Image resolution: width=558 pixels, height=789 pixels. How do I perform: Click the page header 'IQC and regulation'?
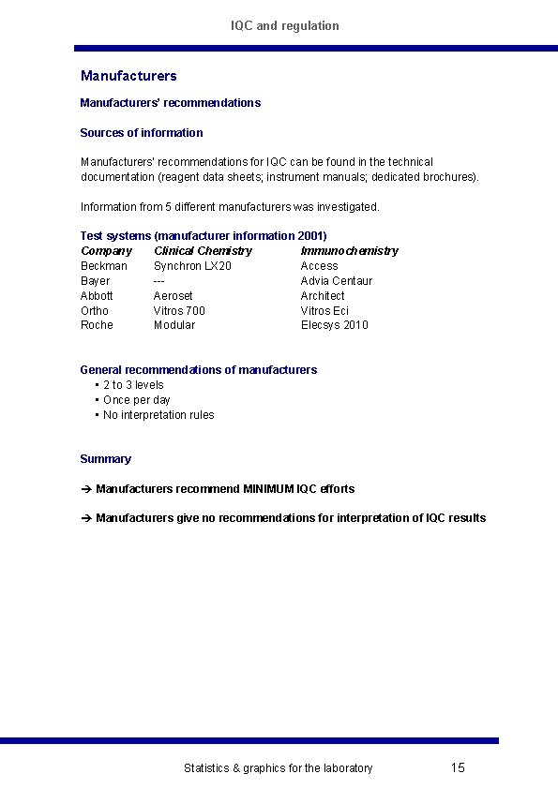pos(285,25)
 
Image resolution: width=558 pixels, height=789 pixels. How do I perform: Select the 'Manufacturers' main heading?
pos(128,76)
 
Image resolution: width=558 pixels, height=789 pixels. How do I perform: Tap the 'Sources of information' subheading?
pos(142,133)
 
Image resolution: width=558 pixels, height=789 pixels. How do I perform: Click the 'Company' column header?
pos(106,251)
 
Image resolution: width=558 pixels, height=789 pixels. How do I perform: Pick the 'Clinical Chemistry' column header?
pos(203,251)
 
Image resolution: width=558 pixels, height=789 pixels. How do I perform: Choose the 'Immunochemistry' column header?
pos(349,251)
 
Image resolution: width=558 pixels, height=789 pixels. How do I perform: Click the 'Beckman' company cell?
pos(104,266)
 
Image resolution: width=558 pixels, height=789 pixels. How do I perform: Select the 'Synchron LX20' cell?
pos(192,266)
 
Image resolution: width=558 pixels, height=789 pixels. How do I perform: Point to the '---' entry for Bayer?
pos(159,281)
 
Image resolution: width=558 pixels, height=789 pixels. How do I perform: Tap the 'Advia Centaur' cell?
pos(337,281)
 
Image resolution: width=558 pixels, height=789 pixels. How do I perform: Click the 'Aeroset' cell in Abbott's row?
pos(173,296)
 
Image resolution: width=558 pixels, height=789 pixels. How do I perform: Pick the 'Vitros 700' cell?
pos(179,311)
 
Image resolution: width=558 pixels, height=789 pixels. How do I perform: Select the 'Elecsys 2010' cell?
pos(335,325)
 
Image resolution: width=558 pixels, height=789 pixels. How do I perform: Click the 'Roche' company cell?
pos(97,325)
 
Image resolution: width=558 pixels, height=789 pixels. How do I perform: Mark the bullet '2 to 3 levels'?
pos(133,385)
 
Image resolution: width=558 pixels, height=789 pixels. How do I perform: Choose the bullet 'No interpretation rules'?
pos(158,415)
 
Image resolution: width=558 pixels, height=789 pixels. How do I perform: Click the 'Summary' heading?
pos(106,459)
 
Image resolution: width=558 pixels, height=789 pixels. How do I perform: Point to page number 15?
pos(458,768)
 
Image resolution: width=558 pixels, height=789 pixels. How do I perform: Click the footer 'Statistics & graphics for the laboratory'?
pos(278,768)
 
